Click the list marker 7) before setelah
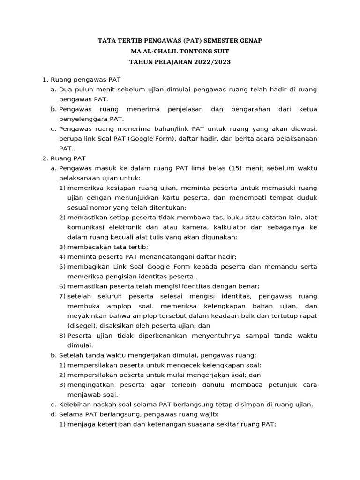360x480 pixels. (62, 296)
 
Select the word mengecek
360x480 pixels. (186, 365)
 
